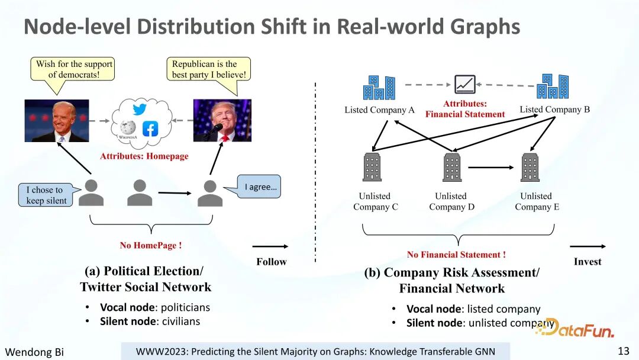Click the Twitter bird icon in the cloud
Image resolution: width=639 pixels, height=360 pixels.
coord(139,110)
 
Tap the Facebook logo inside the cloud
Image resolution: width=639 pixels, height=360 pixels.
coord(150,128)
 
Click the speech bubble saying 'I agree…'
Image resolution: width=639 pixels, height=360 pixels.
coord(259,187)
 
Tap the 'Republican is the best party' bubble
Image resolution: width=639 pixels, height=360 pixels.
coord(209,69)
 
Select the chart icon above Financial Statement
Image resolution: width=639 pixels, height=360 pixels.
coord(464,85)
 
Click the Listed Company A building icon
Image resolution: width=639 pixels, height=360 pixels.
coord(379,88)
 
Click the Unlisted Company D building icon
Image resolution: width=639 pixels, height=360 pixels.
coord(452,168)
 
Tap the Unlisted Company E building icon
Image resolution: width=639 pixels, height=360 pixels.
coord(530,168)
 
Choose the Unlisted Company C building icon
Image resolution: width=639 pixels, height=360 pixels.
coord(372,168)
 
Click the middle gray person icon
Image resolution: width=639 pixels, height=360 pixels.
coord(140,192)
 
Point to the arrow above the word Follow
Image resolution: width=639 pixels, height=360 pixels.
coord(270,246)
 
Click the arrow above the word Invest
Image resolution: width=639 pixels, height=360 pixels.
coord(588,246)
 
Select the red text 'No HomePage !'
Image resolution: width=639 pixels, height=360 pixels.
coord(151,245)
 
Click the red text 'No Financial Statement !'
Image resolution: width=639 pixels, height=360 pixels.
coord(456,255)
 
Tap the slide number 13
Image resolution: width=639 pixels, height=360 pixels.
coord(624,351)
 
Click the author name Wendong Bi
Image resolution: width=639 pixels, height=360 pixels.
coord(34,352)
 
